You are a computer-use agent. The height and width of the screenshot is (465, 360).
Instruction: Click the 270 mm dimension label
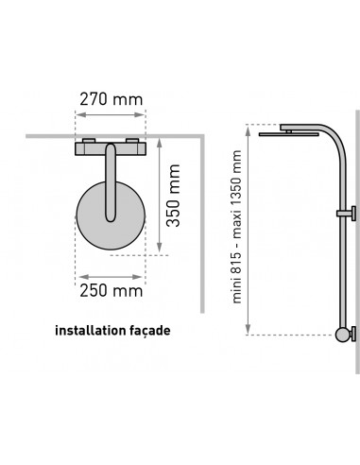click(x=111, y=99)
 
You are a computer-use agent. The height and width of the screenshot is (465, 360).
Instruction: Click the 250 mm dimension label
click(x=111, y=291)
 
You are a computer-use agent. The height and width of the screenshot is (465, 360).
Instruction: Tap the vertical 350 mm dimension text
click(x=174, y=196)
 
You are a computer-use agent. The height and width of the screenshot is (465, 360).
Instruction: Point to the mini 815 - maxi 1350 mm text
click(x=236, y=227)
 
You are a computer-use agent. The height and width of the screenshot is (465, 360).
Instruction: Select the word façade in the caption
click(x=150, y=331)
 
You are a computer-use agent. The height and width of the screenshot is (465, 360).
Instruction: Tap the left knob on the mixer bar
click(x=89, y=141)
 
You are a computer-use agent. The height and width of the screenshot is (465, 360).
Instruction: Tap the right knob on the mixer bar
click(x=132, y=141)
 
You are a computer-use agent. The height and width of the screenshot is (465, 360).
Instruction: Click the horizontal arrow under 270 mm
click(x=111, y=114)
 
